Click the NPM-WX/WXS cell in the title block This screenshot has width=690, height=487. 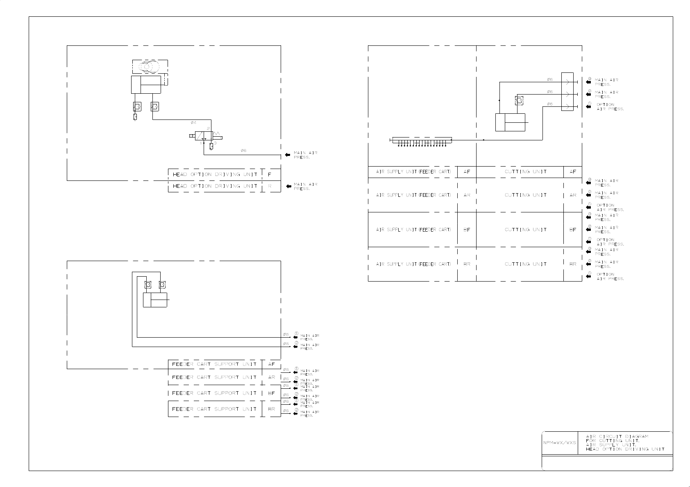click(x=559, y=443)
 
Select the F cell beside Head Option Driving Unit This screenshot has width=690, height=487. click(x=269, y=175)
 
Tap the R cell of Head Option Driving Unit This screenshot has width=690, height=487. click(x=269, y=186)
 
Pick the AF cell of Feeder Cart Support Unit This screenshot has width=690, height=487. click(x=271, y=364)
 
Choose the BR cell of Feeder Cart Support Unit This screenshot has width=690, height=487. click(x=271, y=409)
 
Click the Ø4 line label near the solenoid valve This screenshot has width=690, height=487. click(x=193, y=122)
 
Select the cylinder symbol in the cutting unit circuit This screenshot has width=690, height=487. click(x=510, y=122)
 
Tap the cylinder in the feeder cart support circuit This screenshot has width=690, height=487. click(x=155, y=300)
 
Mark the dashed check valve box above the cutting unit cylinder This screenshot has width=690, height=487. click(x=519, y=100)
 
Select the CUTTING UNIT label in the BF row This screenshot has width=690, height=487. click(x=525, y=230)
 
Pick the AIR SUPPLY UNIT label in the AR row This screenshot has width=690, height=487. click(x=413, y=195)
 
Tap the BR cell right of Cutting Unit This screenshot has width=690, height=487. click(x=572, y=264)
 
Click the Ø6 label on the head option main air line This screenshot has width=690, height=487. click(x=243, y=151)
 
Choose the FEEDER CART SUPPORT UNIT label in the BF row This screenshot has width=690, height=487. click(x=214, y=393)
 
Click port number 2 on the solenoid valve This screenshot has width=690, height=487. click(x=208, y=129)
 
